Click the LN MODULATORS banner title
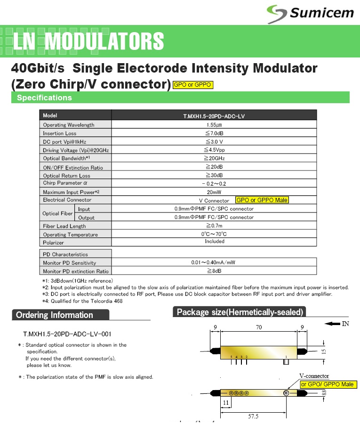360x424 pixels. click(x=88, y=41)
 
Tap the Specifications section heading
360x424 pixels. click(x=44, y=98)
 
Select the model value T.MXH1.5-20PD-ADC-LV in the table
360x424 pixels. click(x=215, y=115)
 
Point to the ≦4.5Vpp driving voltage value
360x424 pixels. click(x=215, y=150)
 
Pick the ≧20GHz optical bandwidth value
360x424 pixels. click(x=215, y=158)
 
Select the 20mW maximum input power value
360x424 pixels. click(x=215, y=192)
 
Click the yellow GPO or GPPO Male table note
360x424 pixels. click(x=262, y=200)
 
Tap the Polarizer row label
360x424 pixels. click(x=53, y=242)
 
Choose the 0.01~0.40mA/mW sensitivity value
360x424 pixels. click(x=214, y=262)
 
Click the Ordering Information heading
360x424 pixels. click(x=55, y=315)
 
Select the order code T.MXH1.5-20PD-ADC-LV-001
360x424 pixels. click(x=67, y=334)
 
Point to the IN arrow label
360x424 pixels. click(x=339, y=323)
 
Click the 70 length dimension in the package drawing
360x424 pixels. click(x=258, y=327)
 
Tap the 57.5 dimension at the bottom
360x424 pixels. click(x=254, y=416)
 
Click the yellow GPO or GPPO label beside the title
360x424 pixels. click(x=193, y=85)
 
